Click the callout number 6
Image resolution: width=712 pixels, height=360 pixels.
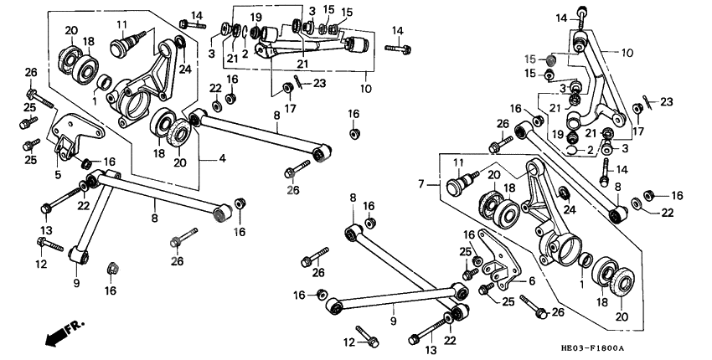pos(530,281)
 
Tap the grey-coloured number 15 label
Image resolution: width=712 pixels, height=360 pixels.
pos(530,59)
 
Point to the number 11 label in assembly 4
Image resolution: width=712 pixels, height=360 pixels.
pos(122,23)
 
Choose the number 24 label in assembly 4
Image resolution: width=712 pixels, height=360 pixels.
pos(185,69)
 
